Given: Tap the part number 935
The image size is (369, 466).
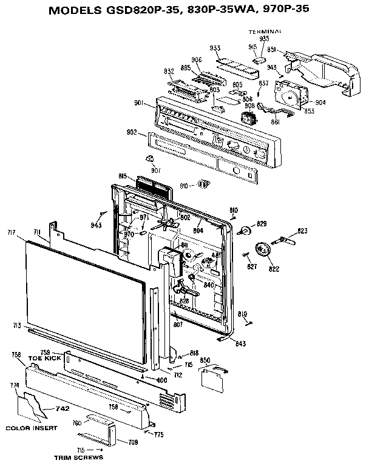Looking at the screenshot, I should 265,38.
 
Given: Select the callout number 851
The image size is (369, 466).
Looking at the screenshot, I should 273,50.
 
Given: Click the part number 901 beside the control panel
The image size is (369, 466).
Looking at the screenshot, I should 139,103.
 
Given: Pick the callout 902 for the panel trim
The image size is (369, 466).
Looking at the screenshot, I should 131,133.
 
